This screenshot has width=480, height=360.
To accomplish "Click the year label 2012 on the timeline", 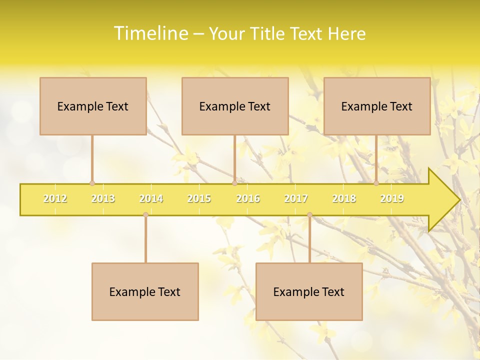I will pos(55,198).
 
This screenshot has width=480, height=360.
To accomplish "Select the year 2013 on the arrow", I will pos(103,198).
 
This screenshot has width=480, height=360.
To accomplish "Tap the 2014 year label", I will pos(151,198).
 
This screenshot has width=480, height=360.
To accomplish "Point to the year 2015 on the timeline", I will pos(199,198).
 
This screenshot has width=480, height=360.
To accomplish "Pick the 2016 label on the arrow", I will pos(248,198).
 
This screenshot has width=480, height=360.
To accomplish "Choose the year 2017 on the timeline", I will pos(296,198).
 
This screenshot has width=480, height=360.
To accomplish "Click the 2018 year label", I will pos(344,198).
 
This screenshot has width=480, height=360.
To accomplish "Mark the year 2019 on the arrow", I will pos(392,198).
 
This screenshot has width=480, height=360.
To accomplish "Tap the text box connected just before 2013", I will pos(93,106).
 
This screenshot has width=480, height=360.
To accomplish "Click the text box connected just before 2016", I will pos(235,106).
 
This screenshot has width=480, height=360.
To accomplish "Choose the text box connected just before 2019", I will pos(377,106).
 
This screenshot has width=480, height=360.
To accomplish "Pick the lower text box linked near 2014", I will pos(145,292).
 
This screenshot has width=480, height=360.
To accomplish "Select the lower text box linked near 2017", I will pos(309,292).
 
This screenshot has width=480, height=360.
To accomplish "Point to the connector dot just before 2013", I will pos(92,183).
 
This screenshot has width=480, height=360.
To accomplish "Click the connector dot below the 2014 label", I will pos(145,214).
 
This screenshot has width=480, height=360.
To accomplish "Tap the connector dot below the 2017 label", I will pos(309,214).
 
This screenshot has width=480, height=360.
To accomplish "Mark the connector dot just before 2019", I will pos(376,183).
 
